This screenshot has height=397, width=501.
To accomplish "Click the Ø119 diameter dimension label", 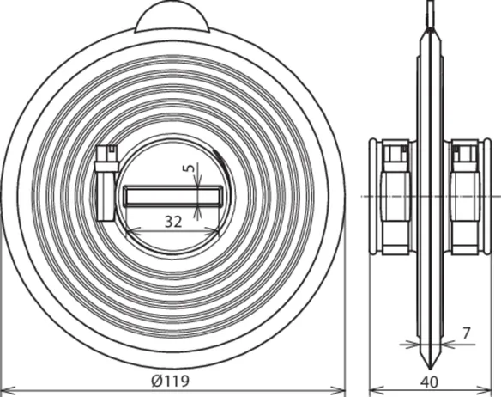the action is [x=171, y=381].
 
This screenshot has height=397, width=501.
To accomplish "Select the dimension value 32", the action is [x=173, y=222].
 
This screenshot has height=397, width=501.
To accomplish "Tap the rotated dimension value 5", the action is [x=190, y=168].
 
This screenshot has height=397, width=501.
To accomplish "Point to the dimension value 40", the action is [x=430, y=382].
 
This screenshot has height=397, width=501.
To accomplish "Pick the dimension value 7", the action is [x=467, y=333].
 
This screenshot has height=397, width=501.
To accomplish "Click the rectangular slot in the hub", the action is [x=173, y=196].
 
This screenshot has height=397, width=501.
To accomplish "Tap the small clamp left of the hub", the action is [x=106, y=182].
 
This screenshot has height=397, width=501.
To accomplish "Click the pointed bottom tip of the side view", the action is [x=430, y=367].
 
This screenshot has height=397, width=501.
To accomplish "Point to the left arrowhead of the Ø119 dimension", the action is [x=8, y=390].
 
